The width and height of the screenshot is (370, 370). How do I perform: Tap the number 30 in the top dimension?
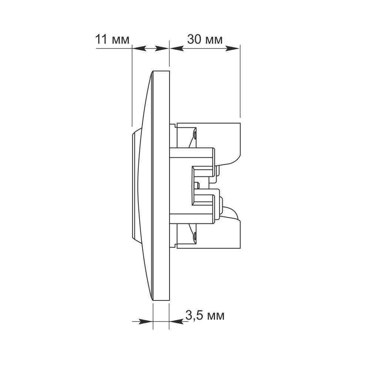[x=194, y=39]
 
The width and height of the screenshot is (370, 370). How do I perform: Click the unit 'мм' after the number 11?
[x=121, y=41]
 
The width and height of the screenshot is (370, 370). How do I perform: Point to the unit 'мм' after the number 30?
[x=214, y=41]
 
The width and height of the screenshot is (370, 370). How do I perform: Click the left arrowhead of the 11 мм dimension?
[x=139, y=48]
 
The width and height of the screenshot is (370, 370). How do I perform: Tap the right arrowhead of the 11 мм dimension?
[x=162, y=48]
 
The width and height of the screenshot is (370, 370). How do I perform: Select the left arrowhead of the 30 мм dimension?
[x=177, y=48]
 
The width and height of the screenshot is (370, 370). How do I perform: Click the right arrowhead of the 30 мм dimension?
[x=233, y=48]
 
